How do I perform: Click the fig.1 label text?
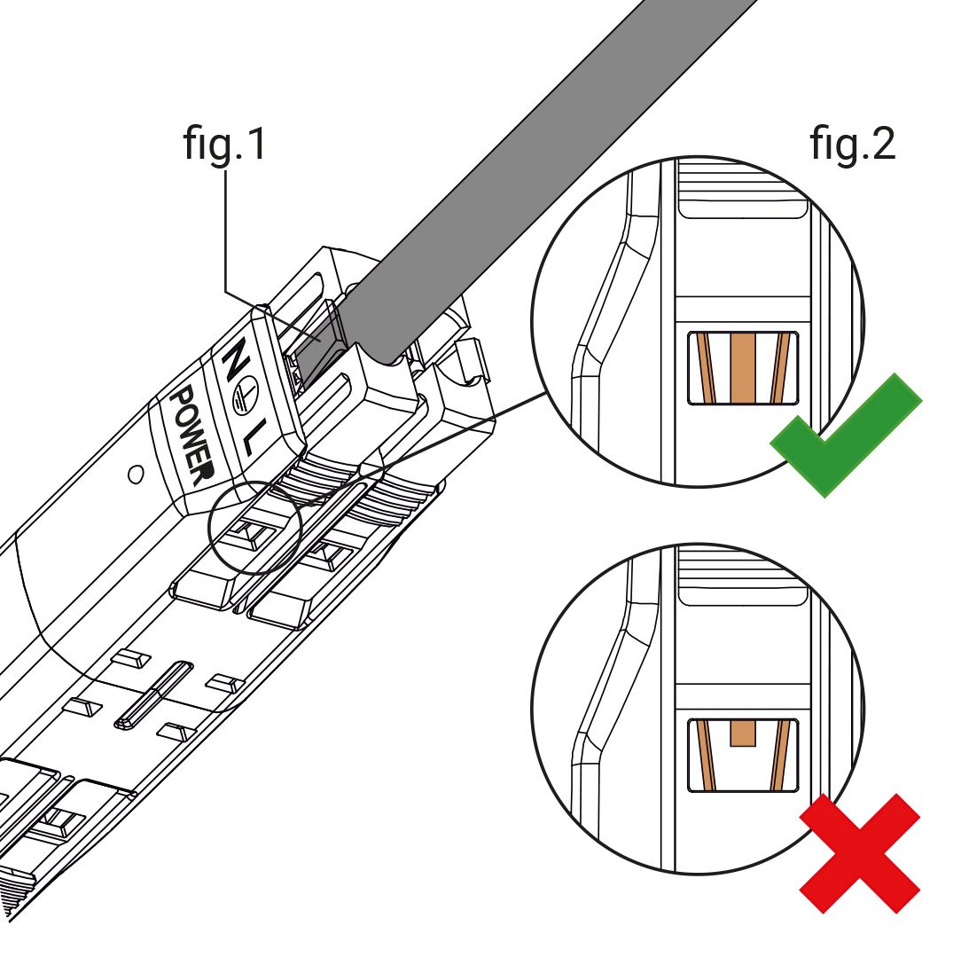[x=224, y=143]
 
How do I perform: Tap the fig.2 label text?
[x=852, y=143]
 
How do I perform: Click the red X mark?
[x=859, y=853]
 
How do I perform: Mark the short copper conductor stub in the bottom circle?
[x=742, y=733]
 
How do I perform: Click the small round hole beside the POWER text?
[x=136, y=475]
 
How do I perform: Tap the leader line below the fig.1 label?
[x=226, y=231]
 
